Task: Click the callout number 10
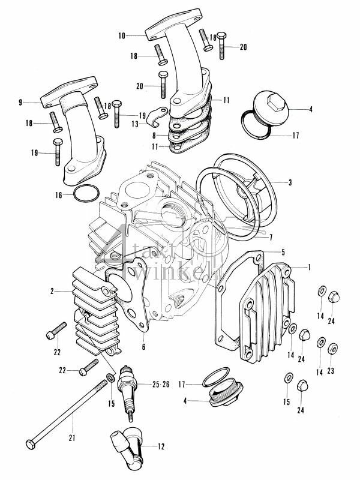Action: (x=121, y=36)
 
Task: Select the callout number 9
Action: (x=20, y=103)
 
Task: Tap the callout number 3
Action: (x=290, y=182)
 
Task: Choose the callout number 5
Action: (x=283, y=253)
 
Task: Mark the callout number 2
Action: (x=52, y=291)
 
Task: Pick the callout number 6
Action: (x=143, y=347)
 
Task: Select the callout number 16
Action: (x=59, y=195)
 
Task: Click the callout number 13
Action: (x=135, y=124)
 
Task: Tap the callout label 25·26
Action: (x=160, y=383)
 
